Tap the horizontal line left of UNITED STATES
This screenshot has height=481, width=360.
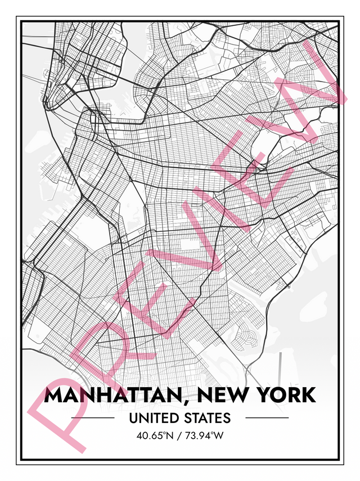[x=93, y=418]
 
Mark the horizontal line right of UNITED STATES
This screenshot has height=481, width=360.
[x=267, y=418]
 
